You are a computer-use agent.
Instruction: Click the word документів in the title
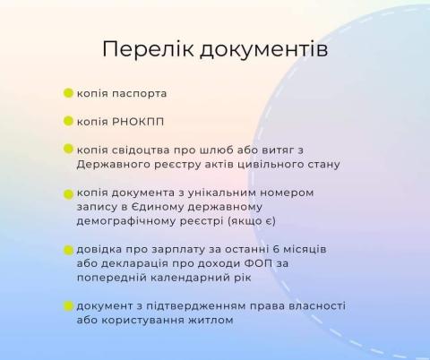(264, 49)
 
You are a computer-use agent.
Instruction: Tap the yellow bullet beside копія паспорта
(68, 93)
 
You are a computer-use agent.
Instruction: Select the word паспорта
(139, 94)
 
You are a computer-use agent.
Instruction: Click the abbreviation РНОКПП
(138, 122)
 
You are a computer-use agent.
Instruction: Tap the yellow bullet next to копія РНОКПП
(68, 121)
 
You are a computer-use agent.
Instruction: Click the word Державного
(114, 165)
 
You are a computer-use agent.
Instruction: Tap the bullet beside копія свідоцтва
(68, 149)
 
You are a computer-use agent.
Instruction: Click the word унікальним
(221, 193)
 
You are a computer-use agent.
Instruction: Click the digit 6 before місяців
(276, 249)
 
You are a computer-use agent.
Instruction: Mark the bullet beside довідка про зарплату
(68, 250)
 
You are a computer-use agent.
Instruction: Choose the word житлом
(211, 321)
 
